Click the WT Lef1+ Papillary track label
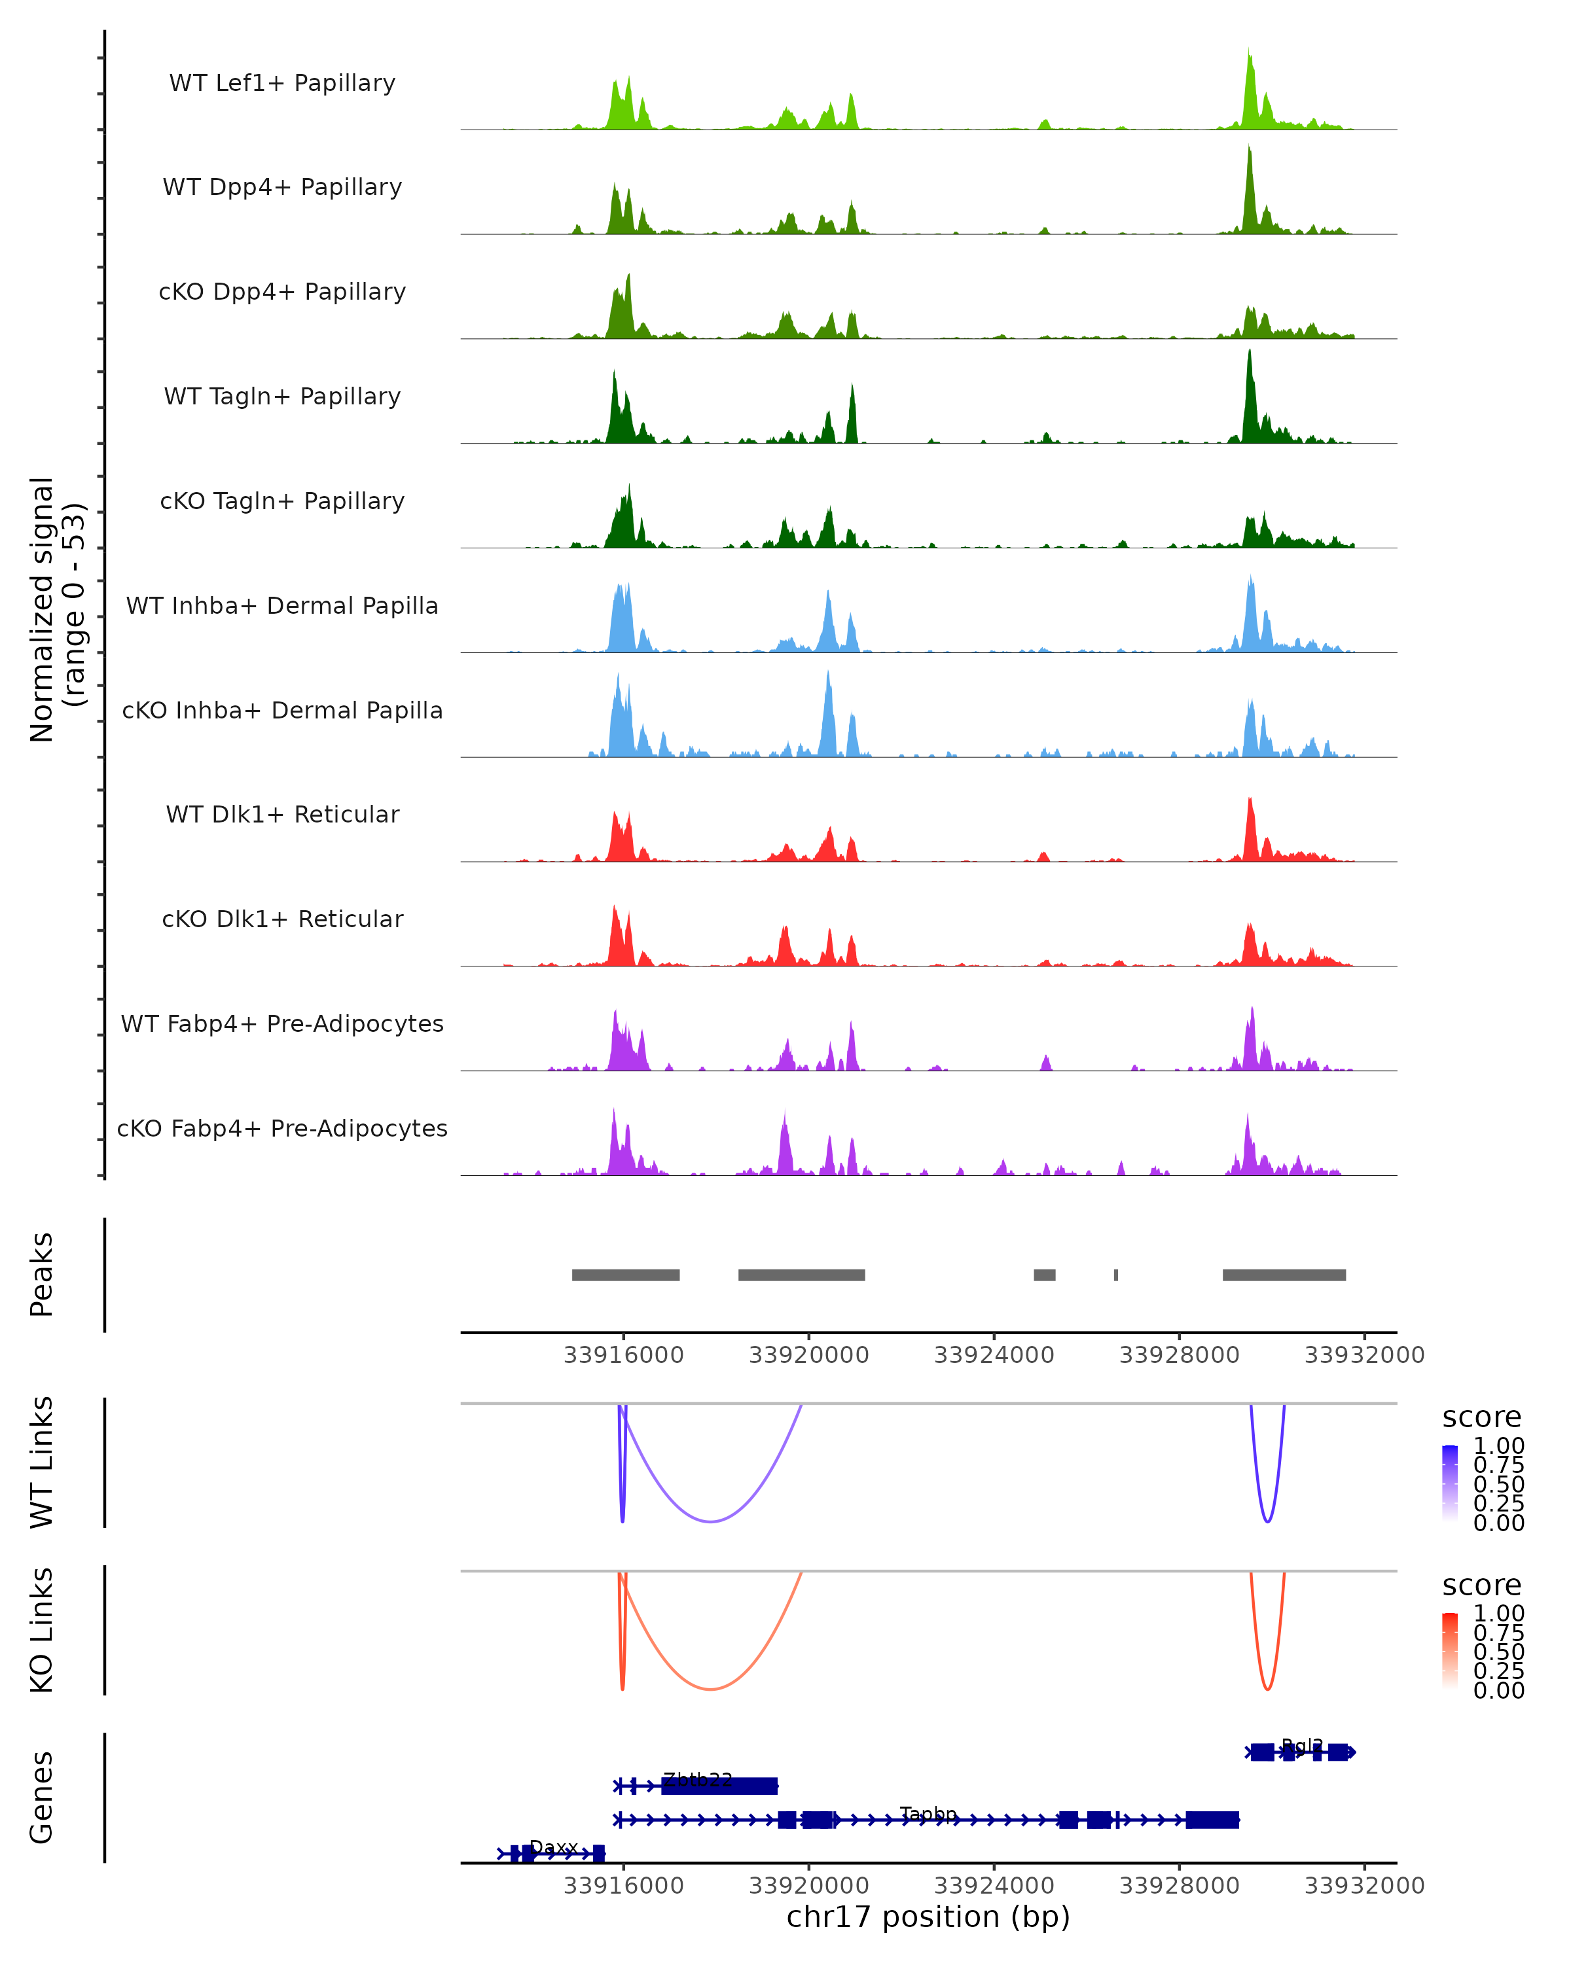tap(282, 83)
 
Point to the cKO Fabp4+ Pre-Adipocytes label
tap(282, 1128)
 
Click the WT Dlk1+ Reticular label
tap(282, 814)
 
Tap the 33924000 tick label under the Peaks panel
tap(994, 1355)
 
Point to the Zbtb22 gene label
tap(698, 1780)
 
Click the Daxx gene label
tap(554, 1847)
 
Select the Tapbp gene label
tap(928, 1814)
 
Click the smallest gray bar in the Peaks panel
tap(1115, 1275)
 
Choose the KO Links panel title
tap(42, 1630)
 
